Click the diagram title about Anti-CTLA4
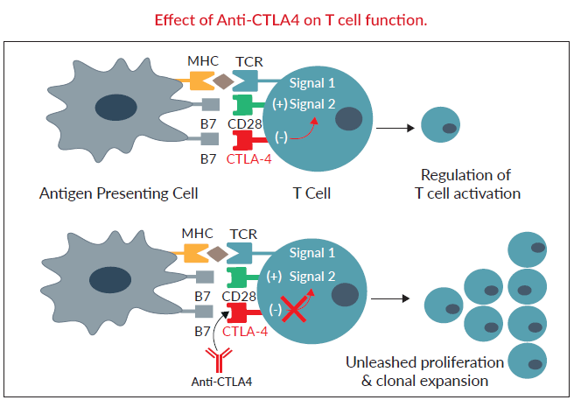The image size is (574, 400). click(286, 19)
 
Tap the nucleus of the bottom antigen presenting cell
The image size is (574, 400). click(109, 280)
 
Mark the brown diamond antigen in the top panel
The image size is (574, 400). click(224, 82)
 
